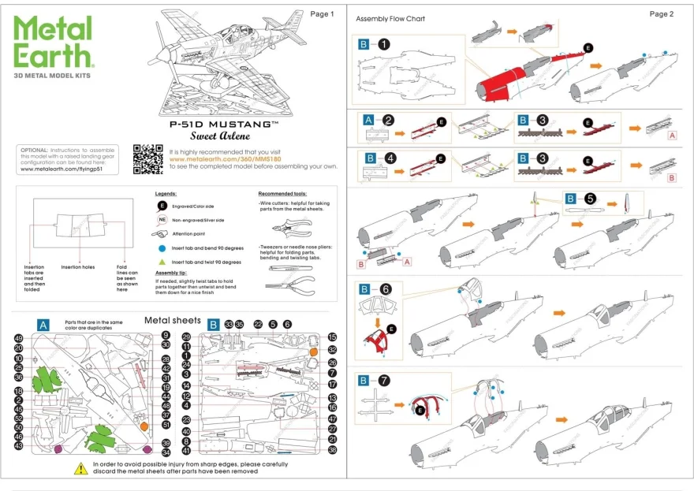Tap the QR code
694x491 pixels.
tap(147, 158)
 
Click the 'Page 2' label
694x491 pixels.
tap(661, 14)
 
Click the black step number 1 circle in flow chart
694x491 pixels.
tap(383, 44)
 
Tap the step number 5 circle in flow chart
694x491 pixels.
tap(591, 199)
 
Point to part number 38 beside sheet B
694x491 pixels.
tap(332, 450)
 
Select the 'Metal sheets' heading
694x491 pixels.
tap(172, 321)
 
